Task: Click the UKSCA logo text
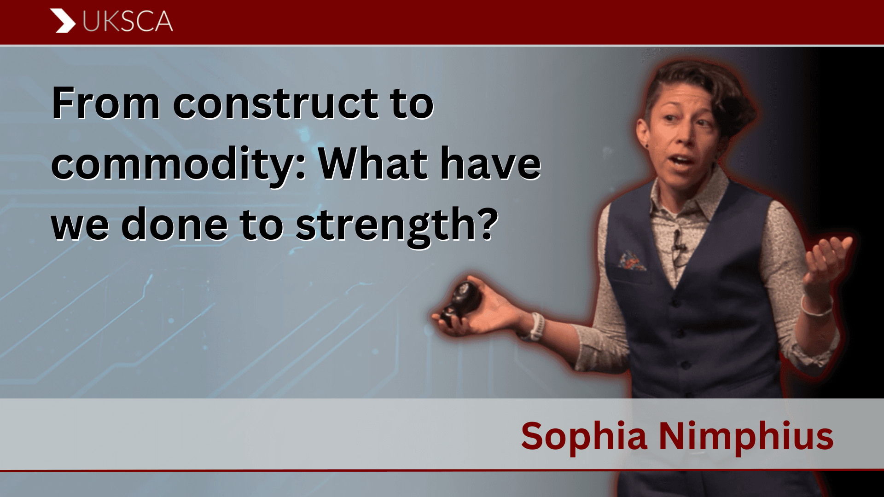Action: point(128,22)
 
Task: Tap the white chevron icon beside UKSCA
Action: point(63,21)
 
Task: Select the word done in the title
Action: point(174,224)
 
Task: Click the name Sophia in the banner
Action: point(585,436)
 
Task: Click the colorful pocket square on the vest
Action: point(632,261)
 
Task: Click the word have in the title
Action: point(491,163)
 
